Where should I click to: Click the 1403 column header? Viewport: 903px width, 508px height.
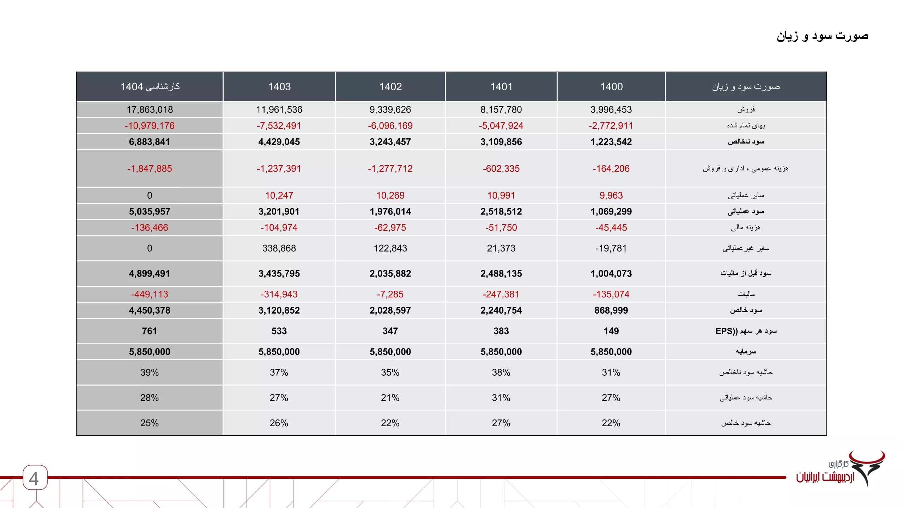coord(279,87)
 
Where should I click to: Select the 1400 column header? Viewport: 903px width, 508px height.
coord(611,87)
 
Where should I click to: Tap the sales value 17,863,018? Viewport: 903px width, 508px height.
coord(150,110)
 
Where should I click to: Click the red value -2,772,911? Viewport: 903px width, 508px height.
coord(611,126)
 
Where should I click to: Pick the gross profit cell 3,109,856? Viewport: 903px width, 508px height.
coord(501,142)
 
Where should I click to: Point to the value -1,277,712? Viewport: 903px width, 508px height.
coord(390,169)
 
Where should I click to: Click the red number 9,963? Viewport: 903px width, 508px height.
coord(611,195)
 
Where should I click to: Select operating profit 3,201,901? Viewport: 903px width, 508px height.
coord(279,212)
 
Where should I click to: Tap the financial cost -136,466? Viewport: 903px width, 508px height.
coord(150,228)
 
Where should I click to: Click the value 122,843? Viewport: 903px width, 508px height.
coord(390,248)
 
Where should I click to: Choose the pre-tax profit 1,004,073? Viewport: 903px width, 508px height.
coord(611,274)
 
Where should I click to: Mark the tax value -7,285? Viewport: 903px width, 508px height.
coord(390,294)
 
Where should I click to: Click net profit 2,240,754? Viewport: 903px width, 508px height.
coord(501,310)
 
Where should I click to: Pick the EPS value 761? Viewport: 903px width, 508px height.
coord(150,331)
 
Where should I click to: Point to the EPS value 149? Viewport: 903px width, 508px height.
coord(611,331)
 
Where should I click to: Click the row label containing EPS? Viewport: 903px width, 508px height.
coord(746,331)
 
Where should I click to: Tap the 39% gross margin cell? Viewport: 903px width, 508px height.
coord(150,373)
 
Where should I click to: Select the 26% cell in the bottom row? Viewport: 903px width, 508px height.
coord(279,423)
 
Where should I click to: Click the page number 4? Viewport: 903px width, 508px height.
coord(34,479)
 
